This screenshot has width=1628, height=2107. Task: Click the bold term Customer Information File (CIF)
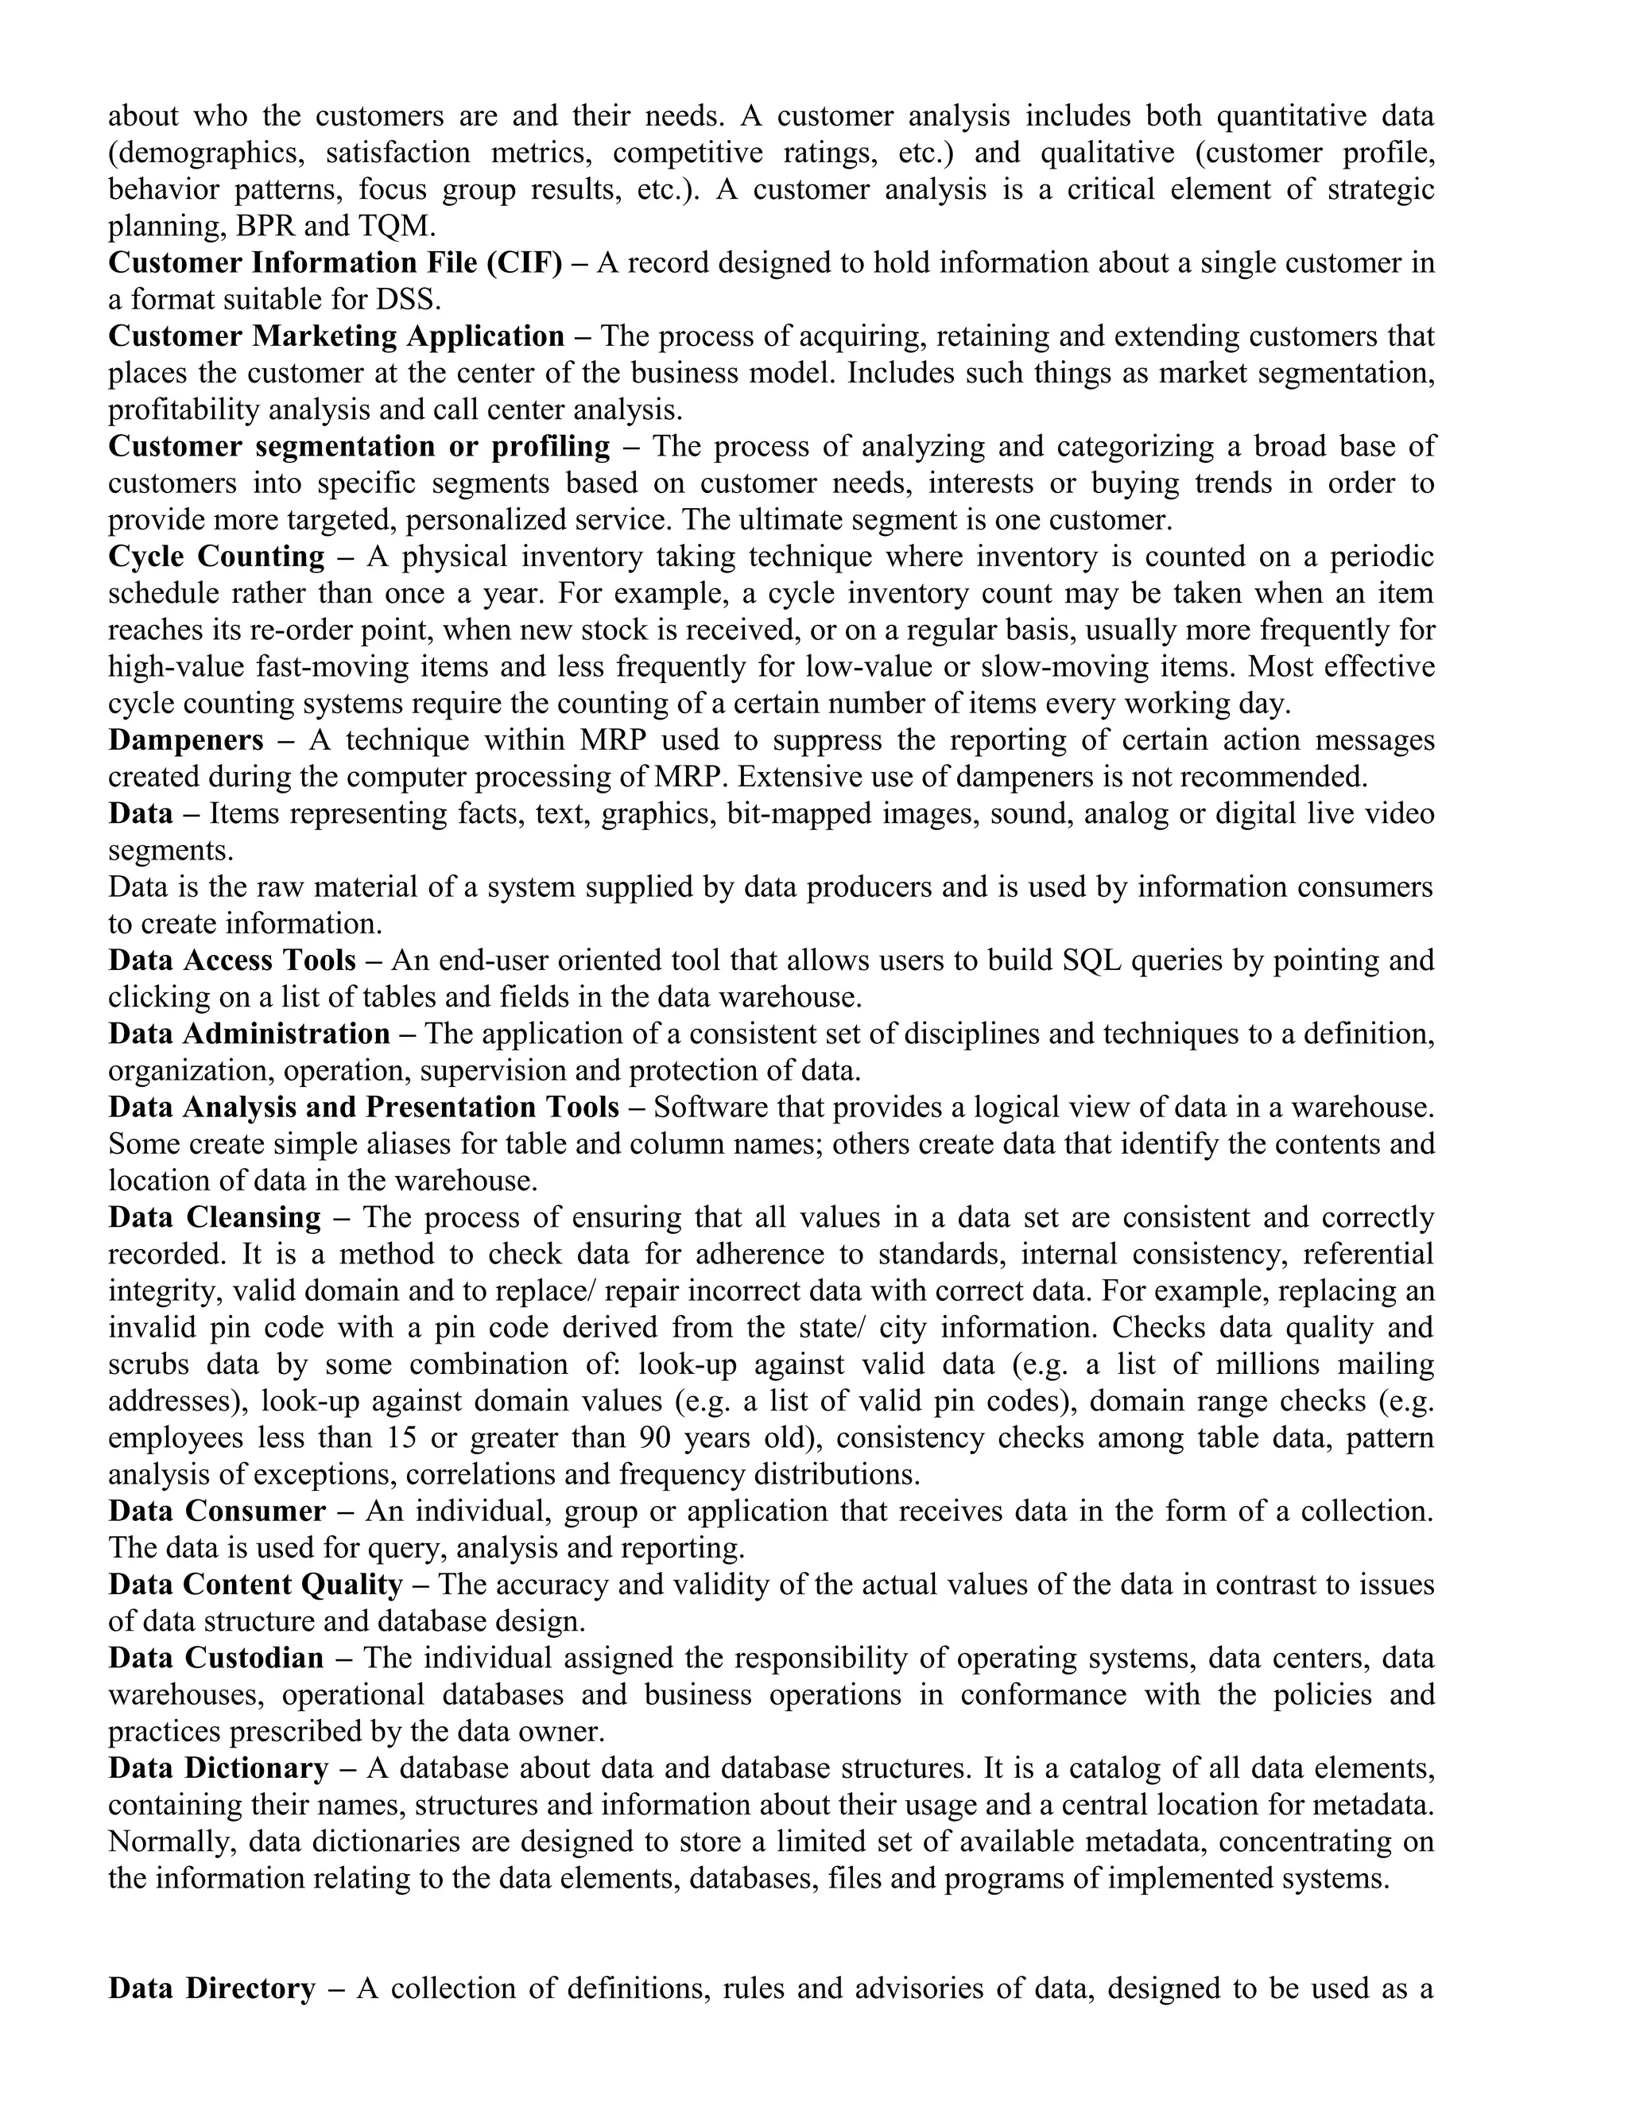click(335, 263)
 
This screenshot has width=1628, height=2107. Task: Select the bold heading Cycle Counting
click(216, 557)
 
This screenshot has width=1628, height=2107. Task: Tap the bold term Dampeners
click(185, 740)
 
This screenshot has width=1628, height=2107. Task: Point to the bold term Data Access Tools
click(231, 960)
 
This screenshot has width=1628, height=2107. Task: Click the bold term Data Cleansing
click(214, 1217)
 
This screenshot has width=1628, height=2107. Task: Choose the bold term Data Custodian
click(216, 1658)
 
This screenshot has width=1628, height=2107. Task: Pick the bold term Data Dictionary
click(218, 1767)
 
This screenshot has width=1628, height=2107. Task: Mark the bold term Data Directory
click(211, 1989)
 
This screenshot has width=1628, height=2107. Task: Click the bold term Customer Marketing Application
click(335, 336)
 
